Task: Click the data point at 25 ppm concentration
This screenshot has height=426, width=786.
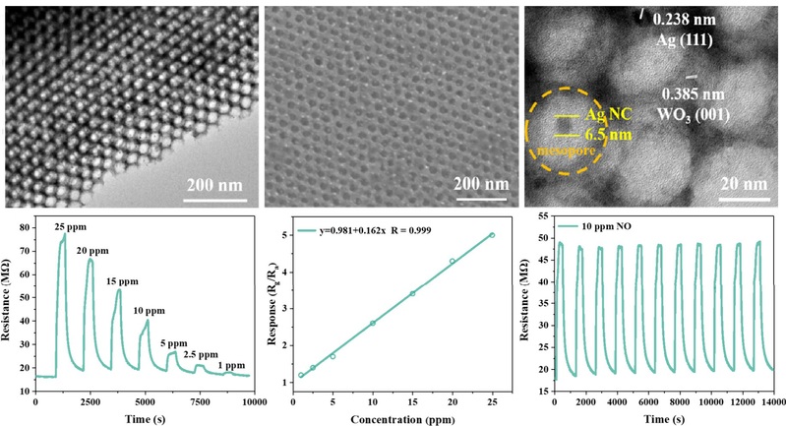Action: (x=491, y=235)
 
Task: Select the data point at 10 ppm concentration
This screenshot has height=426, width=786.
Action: (x=372, y=323)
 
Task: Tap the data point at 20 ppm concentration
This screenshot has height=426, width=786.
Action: (x=452, y=261)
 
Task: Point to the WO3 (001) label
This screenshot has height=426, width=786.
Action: (x=699, y=113)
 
